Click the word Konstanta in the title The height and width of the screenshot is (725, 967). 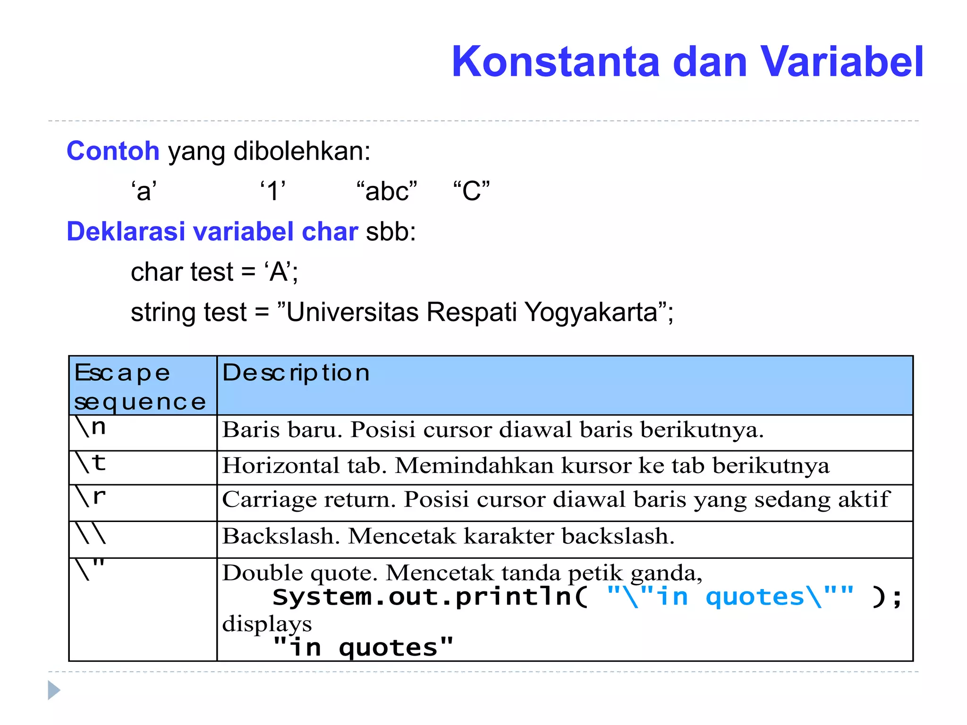click(555, 62)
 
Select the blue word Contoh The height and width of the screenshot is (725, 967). click(113, 151)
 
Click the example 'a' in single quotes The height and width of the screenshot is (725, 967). click(144, 191)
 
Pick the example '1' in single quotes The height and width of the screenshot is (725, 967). click(273, 191)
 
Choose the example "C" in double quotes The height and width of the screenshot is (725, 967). click(471, 191)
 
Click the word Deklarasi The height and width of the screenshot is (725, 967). click(126, 232)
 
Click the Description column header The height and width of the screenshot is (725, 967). click(296, 373)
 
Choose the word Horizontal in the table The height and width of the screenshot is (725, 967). click(280, 466)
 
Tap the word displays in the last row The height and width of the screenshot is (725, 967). click(267, 624)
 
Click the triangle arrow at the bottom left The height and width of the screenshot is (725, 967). click(54, 691)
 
